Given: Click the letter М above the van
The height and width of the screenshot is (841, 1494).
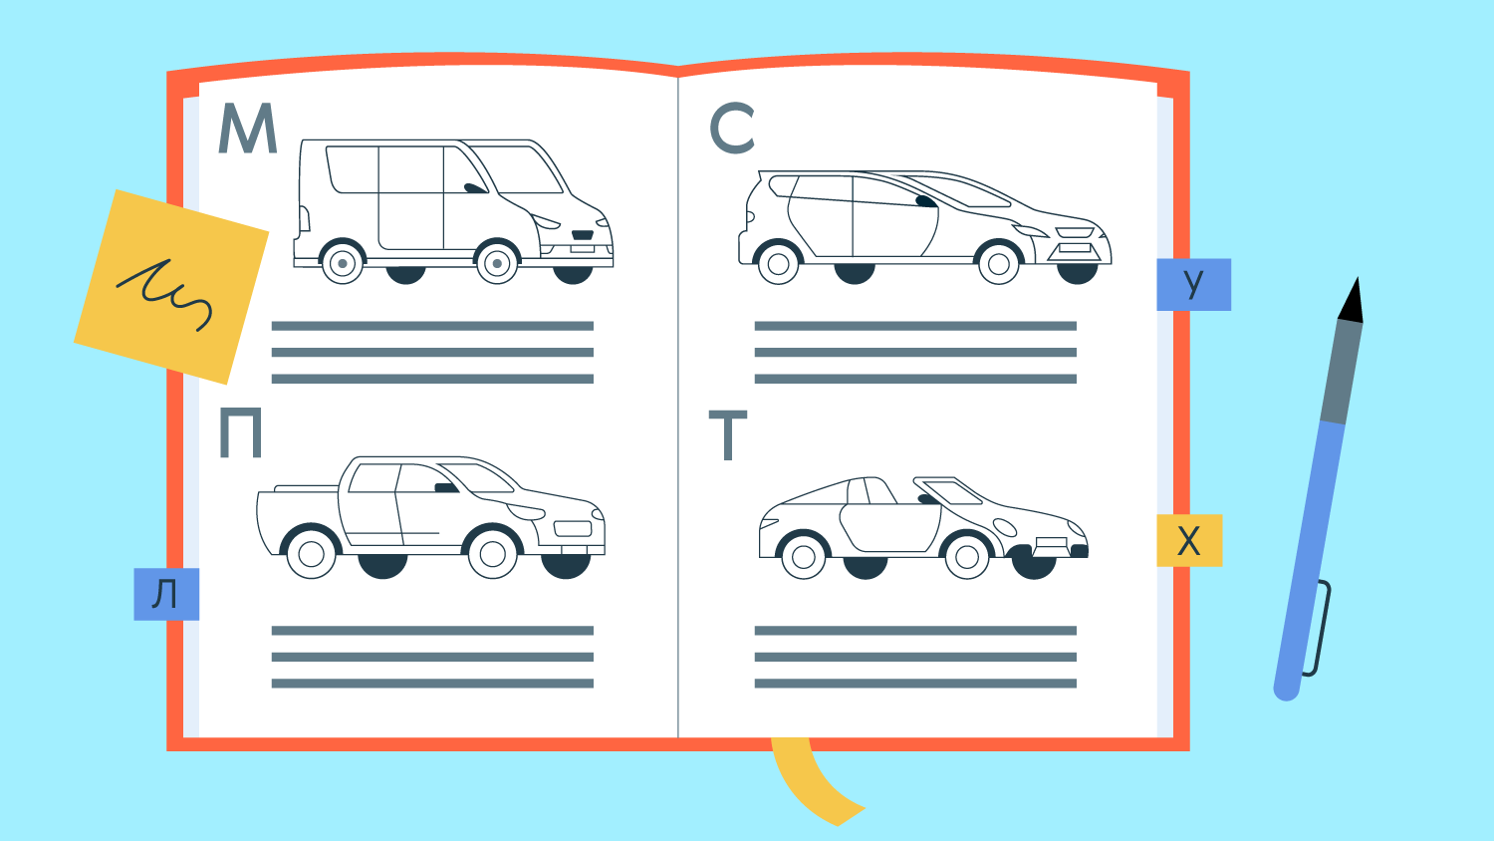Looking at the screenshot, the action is click(x=247, y=129).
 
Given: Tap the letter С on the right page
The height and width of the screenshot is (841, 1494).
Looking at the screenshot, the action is click(x=732, y=129).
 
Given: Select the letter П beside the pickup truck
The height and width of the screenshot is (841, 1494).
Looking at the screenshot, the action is click(x=240, y=432).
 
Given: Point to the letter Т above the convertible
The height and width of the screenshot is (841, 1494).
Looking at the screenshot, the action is click(x=728, y=435).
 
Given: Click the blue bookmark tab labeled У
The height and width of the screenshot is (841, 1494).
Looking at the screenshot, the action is click(x=1193, y=284).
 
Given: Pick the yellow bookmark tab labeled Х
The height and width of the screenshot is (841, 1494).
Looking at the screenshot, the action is click(x=1189, y=541).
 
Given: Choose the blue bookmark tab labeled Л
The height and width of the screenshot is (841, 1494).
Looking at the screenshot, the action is click(x=166, y=594).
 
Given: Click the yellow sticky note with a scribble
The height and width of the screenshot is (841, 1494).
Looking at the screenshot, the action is click(x=171, y=287).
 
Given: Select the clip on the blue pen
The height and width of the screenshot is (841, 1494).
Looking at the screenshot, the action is click(x=1318, y=628).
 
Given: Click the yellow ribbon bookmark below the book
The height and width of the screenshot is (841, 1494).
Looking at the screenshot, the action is click(x=814, y=782).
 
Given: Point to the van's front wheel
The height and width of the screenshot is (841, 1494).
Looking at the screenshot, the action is click(x=497, y=263).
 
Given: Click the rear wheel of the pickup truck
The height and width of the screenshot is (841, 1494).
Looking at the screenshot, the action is click(x=312, y=553).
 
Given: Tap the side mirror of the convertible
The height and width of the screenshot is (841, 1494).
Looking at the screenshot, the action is click(x=927, y=498).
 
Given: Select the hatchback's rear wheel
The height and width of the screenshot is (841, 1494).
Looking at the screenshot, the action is click(x=778, y=264).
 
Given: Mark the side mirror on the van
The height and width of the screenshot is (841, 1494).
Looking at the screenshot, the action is click(x=475, y=188).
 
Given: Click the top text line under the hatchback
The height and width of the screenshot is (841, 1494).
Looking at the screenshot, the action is click(x=915, y=326).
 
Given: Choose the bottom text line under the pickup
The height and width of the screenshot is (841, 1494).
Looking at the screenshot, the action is click(x=432, y=684).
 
